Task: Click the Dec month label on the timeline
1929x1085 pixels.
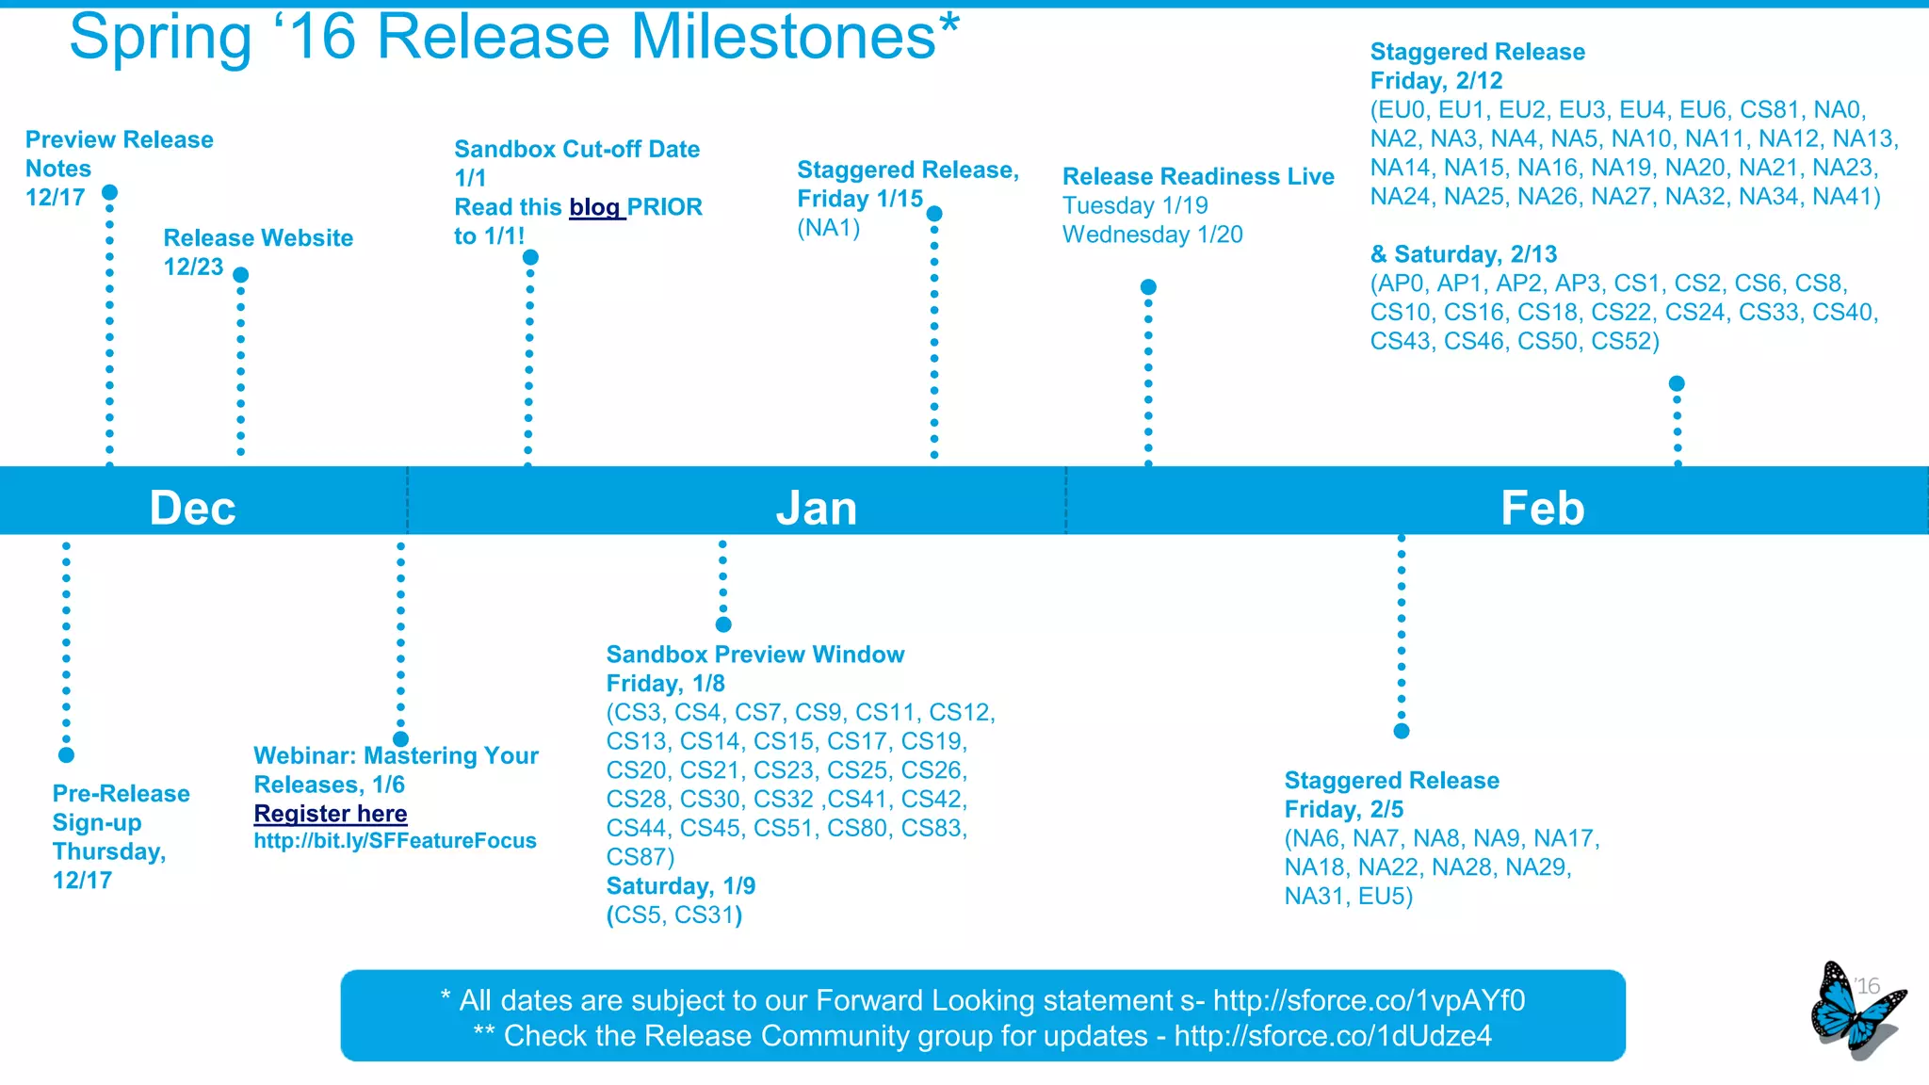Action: click(192, 509)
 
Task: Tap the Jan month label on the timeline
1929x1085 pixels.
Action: click(817, 509)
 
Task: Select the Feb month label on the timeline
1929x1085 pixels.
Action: click(1542, 509)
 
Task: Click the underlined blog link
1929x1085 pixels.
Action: click(595, 207)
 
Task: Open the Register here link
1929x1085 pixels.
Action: click(331, 814)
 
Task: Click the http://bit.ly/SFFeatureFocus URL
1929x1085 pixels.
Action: click(395, 841)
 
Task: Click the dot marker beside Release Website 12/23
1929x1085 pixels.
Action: click(241, 275)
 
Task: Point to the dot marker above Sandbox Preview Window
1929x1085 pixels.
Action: click(723, 624)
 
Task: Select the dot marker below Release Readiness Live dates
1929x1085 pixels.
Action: click(1148, 287)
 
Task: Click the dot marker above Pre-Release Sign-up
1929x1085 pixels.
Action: click(66, 754)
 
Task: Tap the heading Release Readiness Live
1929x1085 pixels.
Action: click(1198, 177)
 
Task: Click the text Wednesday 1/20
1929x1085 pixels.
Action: click(1153, 235)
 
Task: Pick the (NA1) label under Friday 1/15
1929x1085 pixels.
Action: click(829, 228)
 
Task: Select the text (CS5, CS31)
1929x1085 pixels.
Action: click(674, 915)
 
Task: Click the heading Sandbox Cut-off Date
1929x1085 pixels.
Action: click(576, 150)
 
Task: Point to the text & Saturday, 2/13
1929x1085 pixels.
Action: click(1464, 254)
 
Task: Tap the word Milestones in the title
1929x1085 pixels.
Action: click(784, 38)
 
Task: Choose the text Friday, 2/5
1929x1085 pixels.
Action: click(1344, 810)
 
